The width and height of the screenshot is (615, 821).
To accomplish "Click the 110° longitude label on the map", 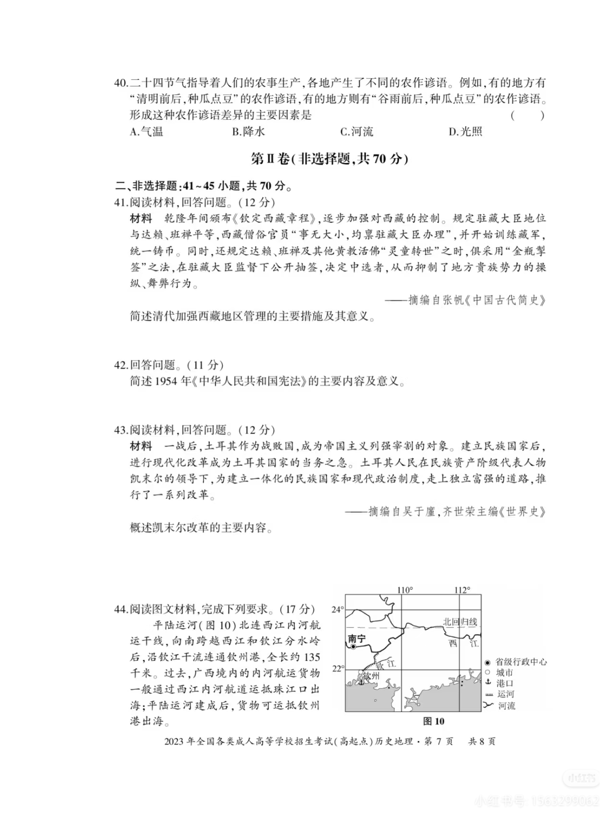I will (405, 590).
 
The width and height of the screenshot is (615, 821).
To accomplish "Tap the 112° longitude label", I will (462, 590).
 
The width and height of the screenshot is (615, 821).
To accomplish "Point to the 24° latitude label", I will (338, 610).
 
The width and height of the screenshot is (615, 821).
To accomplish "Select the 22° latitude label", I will (338, 668).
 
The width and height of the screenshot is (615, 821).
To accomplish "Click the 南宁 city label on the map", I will (357, 638).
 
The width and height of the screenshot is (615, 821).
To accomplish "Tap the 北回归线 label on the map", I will (460, 622).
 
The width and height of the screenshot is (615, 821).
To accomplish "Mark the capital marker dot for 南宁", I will (354, 647).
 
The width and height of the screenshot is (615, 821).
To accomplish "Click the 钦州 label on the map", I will (370, 676).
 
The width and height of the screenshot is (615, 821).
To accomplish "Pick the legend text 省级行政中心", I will (521, 662).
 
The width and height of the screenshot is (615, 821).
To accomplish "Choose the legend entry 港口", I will (504, 683).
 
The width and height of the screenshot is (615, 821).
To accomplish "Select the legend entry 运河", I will (505, 694).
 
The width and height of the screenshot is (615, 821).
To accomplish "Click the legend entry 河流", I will (506, 706).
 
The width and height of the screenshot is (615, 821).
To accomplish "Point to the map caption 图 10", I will (433, 721).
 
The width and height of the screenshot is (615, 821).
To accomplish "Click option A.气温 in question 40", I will (147, 131).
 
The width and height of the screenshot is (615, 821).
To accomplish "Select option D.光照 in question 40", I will (465, 131).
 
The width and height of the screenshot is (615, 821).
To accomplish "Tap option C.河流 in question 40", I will (357, 131).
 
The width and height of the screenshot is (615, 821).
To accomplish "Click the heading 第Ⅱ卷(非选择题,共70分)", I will (330, 159).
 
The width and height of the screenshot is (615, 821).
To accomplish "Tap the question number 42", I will (121, 365).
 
